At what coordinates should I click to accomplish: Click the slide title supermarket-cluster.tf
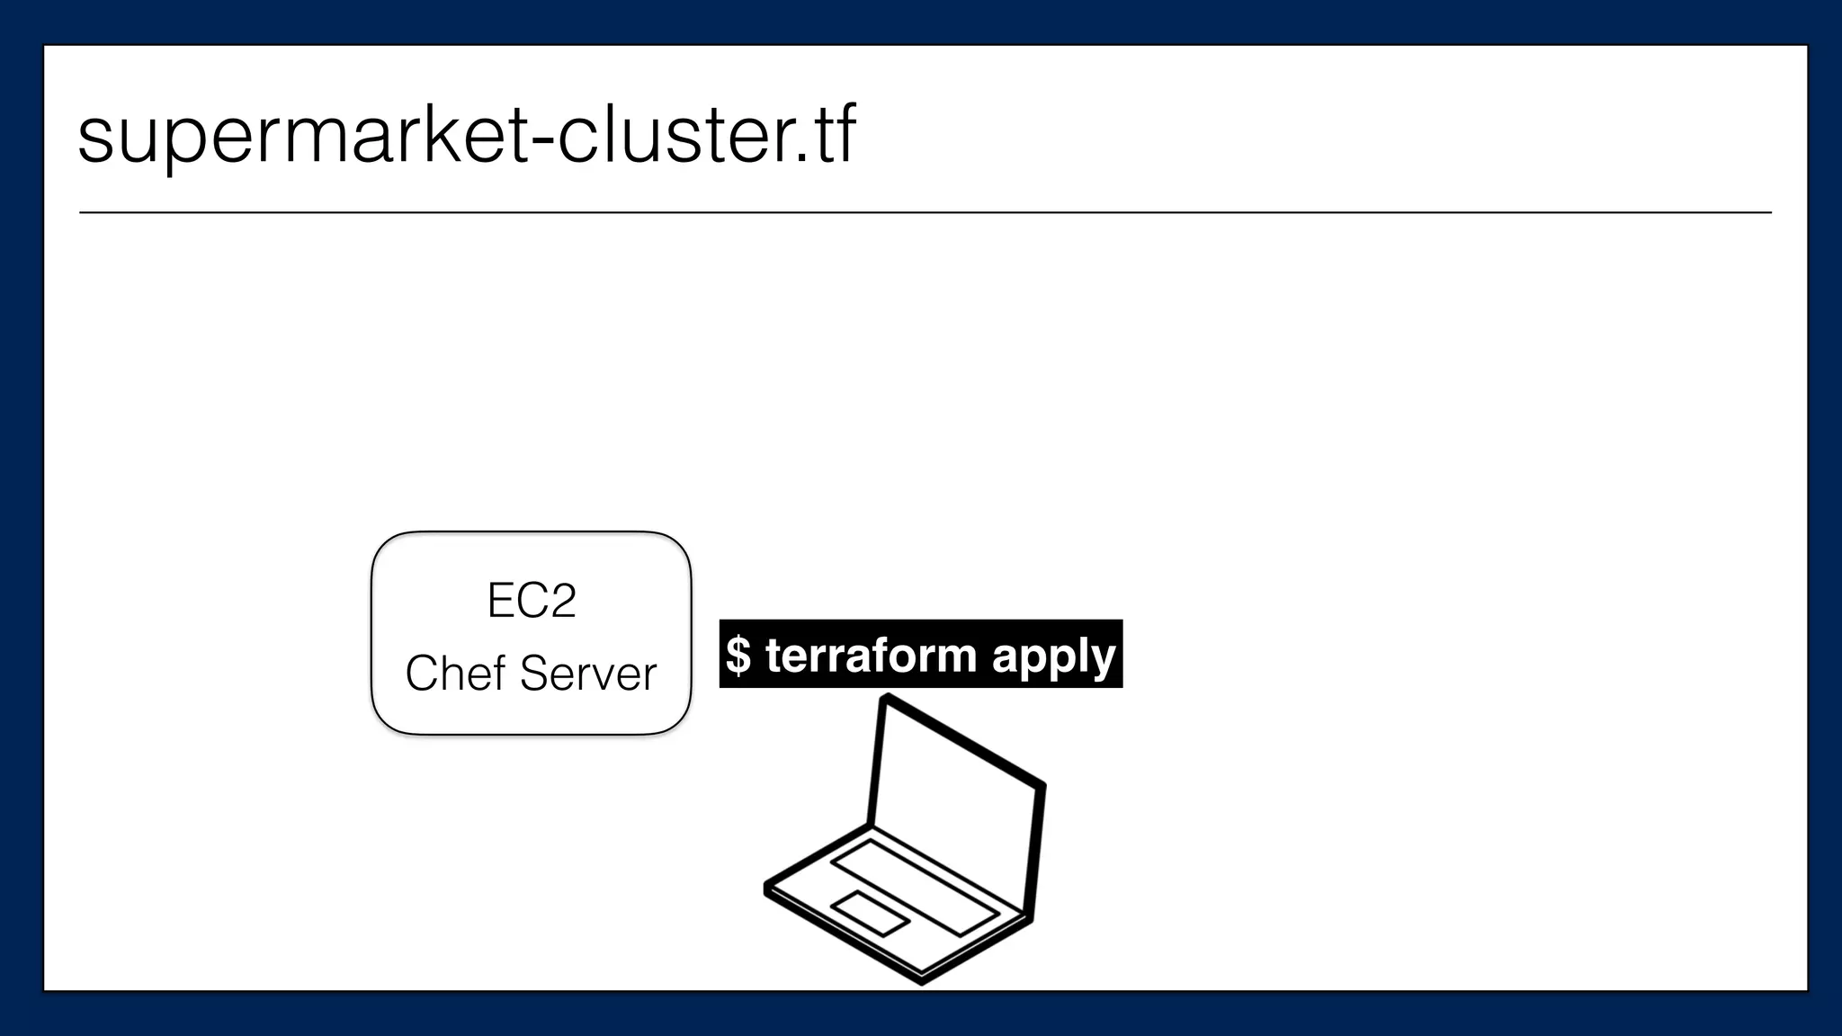(466, 135)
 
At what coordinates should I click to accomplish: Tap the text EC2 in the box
(531, 600)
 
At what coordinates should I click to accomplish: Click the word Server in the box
(588, 673)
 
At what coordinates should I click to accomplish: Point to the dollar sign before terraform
(738, 655)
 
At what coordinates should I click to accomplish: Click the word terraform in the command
(871, 655)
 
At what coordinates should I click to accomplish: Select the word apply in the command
(1053, 656)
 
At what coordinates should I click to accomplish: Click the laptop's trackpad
(869, 913)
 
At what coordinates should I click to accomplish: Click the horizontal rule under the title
(925, 213)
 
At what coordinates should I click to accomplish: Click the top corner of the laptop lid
(886, 698)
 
